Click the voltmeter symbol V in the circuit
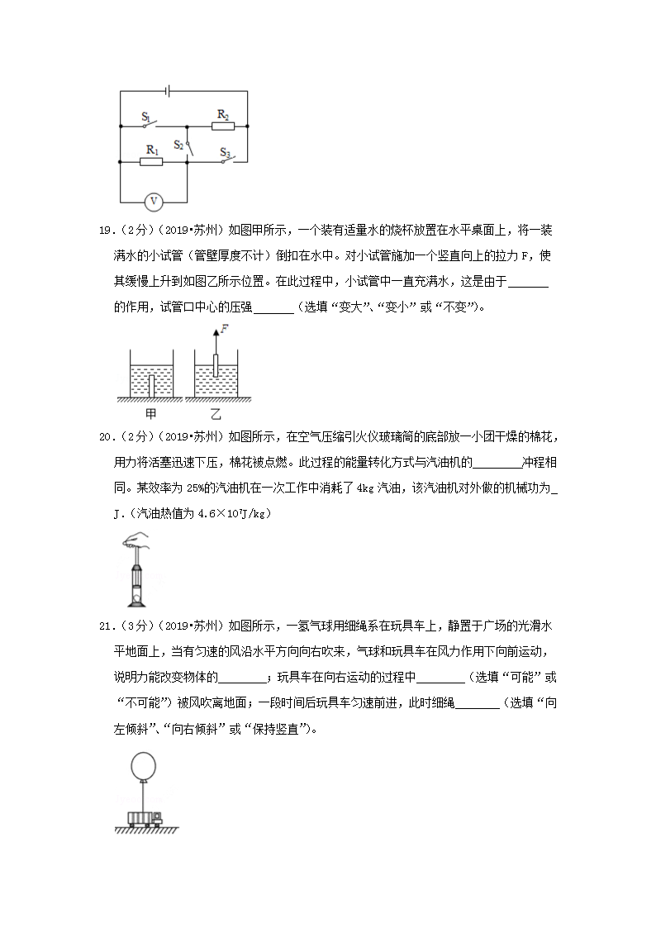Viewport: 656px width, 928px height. [153, 201]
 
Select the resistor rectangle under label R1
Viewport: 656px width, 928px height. [151, 162]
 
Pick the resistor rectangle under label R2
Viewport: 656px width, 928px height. [222, 126]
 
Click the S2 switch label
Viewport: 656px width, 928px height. [179, 144]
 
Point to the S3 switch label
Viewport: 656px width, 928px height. [225, 152]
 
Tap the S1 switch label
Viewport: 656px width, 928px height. [146, 117]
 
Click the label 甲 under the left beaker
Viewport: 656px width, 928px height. [150, 414]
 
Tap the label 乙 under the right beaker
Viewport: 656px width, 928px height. [216, 414]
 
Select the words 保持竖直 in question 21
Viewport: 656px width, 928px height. [283, 729]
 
